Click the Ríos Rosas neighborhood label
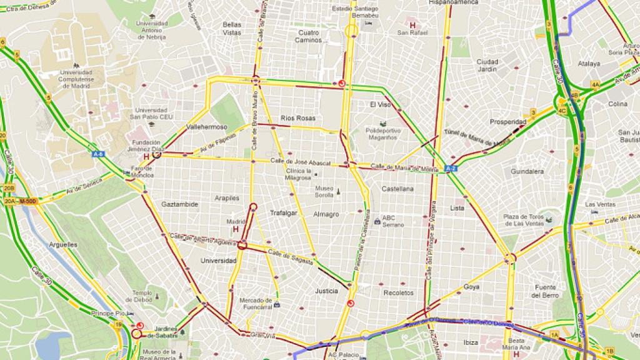[x=298, y=118]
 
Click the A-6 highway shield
[x=97, y=154]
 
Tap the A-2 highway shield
[x=450, y=168]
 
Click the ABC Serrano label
[x=393, y=221]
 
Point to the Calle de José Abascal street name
[x=295, y=161]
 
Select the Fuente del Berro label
[x=544, y=291]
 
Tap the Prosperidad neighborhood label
[x=507, y=122]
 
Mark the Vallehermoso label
[x=206, y=127]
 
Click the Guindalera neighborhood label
[x=526, y=171]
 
